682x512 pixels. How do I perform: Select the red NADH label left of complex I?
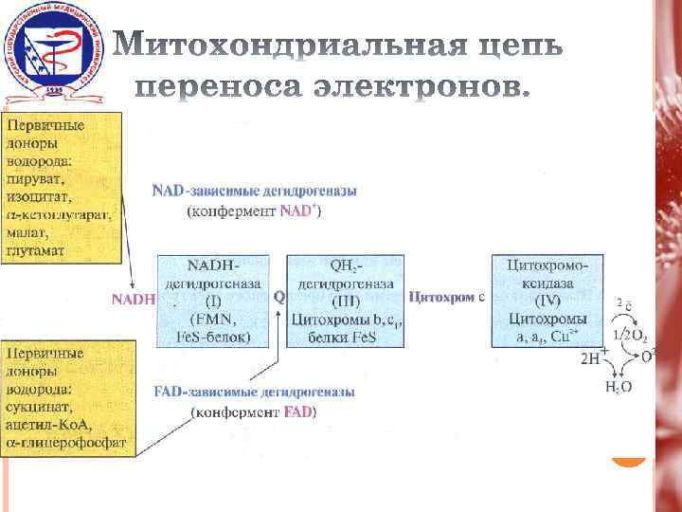click(133, 299)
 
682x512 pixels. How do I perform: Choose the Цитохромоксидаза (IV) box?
click(547, 299)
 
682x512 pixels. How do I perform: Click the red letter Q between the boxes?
click(278, 297)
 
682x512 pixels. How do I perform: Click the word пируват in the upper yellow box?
click(32, 178)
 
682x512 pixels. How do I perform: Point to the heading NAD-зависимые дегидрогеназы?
click(255, 191)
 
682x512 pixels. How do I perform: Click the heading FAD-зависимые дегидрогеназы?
click(255, 392)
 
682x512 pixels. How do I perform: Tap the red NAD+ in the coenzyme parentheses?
click(298, 210)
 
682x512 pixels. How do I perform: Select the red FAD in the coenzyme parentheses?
click(298, 412)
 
